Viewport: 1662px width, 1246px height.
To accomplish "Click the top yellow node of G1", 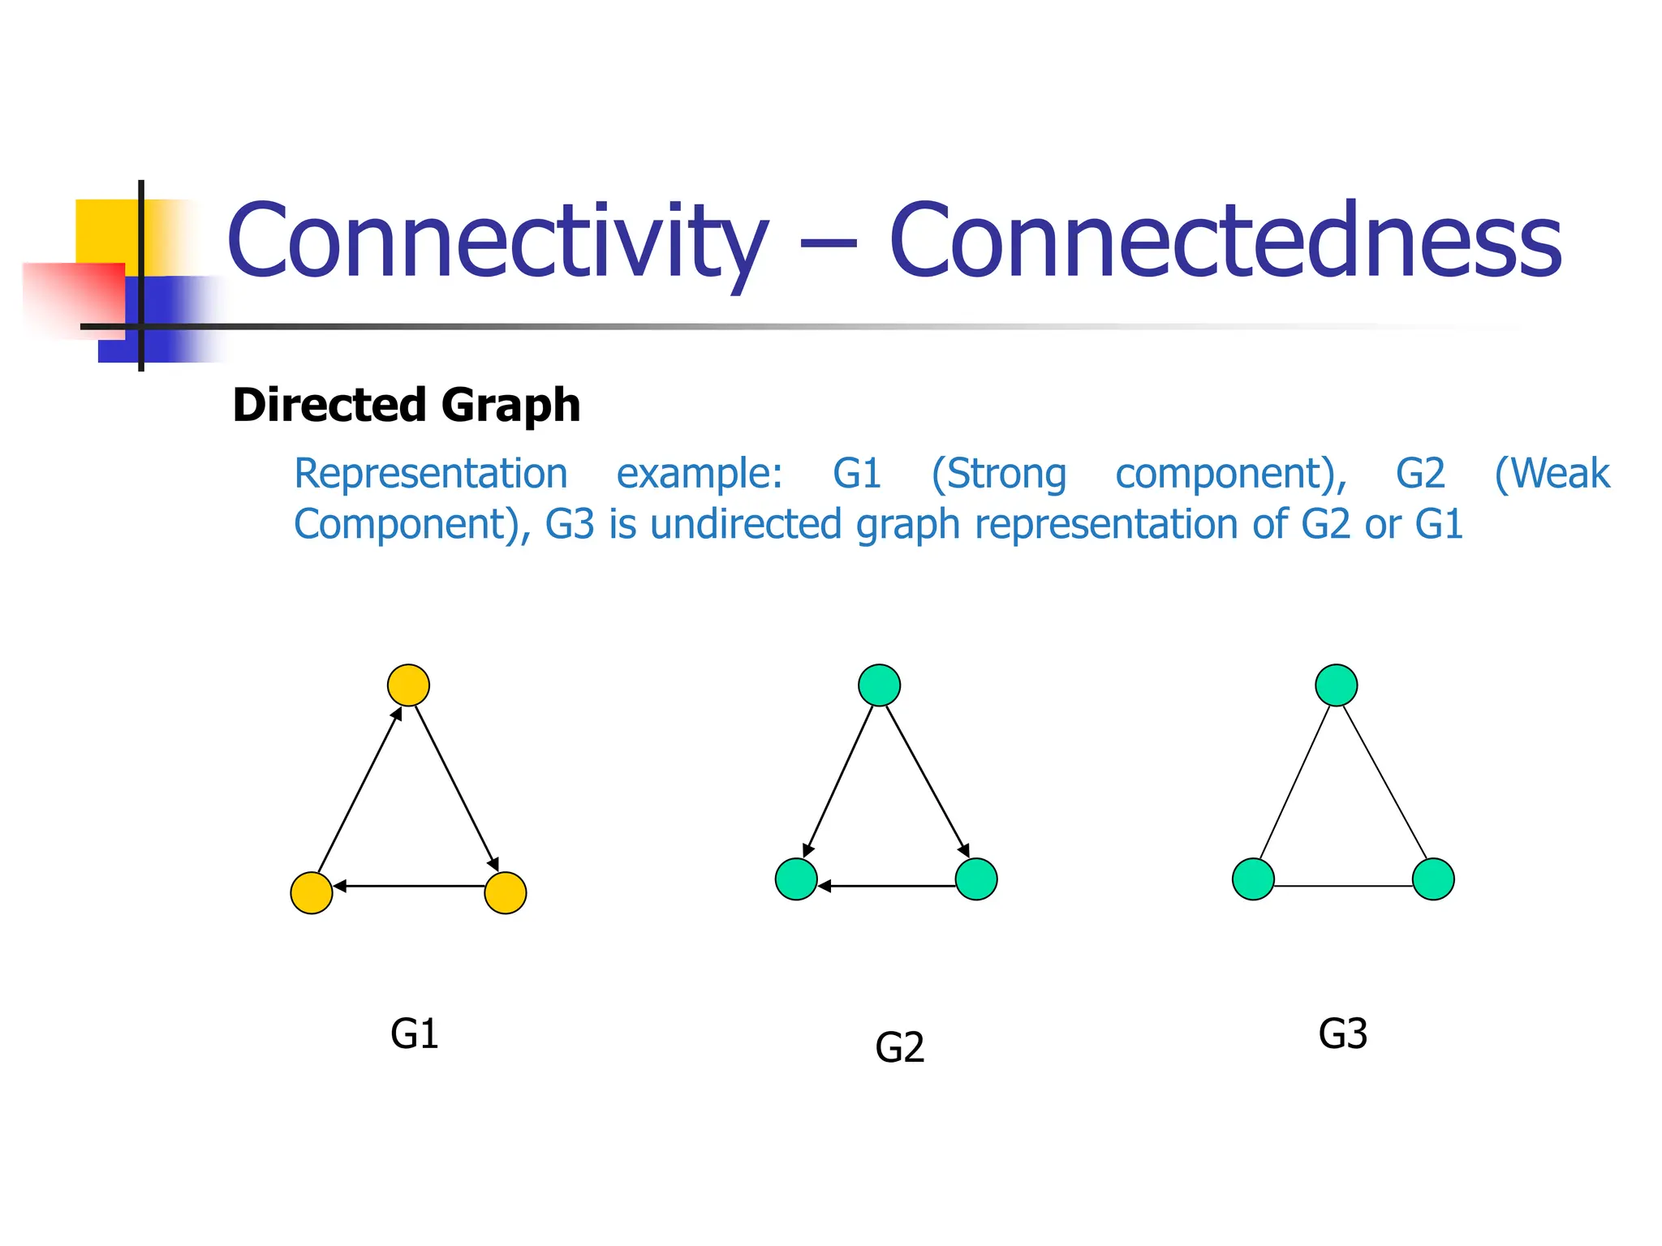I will pyautogui.click(x=408, y=685).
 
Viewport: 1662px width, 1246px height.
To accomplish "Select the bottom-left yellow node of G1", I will pyautogui.click(x=312, y=893).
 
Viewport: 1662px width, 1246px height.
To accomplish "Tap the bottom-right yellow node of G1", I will pyautogui.click(x=505, y=893).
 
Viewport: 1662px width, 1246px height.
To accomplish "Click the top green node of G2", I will pyautogui.click(x=879, y=685).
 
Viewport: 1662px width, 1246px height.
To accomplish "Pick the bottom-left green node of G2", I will pyautogui.click(x=796, y=879).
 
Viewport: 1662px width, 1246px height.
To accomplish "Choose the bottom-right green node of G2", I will pyautogui.click(x=976, y=879).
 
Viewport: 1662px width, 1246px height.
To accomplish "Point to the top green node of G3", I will pyautogui.click(x=1336, y=685).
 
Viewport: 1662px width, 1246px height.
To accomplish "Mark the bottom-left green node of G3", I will pyautogui.click(x=1253, y=879).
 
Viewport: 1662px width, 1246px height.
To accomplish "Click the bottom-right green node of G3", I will pyautogui.click(x=1433, y=879).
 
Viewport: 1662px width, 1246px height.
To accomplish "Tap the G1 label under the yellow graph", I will pyautogui.click(x=414, y=1034).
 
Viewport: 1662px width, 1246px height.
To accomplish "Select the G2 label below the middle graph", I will pyautogui.click(x=899, y=1048).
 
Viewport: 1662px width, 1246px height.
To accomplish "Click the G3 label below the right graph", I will pyautogui.click(x=1342, y=1034).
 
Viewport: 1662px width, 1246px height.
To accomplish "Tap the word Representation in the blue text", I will pyautogui.click(x=430, y=474).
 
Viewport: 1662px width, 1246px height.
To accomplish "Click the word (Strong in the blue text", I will pyautogui.click(x=998, y=474).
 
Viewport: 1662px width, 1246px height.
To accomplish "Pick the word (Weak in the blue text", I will pyautogui.click(x=1552, y=474).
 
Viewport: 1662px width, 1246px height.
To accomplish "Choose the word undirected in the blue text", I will pyautogui.click(x=746, y=524).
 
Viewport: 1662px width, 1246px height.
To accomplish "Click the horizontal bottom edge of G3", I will pyautogui.click(x=1343, y=886).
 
